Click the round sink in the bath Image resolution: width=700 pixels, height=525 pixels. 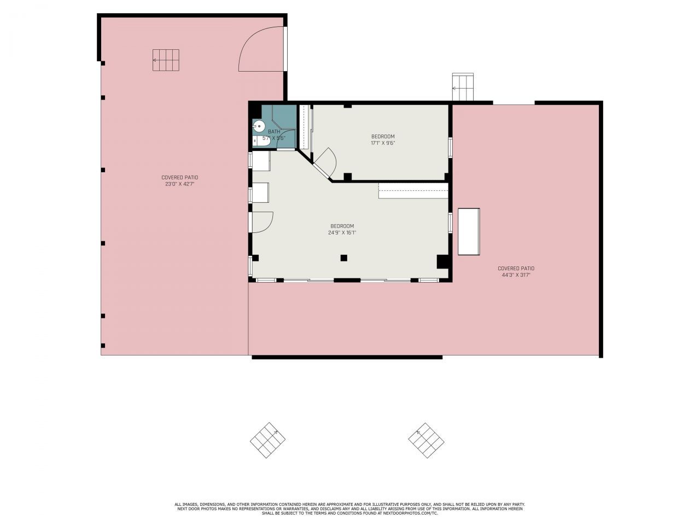click(259, 126)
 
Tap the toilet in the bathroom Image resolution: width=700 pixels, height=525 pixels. click(262, 141)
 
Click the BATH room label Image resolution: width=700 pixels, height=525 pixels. click(274, 132)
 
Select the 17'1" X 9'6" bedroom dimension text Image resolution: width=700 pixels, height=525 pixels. click(383, 143)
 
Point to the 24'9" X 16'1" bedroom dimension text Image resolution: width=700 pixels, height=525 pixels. click(342, 232)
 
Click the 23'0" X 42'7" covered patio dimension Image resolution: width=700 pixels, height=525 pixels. click(179, 184)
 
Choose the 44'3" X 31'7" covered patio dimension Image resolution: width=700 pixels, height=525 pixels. click(516, 275)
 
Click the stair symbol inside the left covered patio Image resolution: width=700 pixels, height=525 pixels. click(166, 60)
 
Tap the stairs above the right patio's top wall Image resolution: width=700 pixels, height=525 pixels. click(463, 87)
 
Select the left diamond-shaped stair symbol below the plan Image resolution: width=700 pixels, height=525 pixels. click(268, 440)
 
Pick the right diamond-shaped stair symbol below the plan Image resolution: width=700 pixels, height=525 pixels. click(426, 440)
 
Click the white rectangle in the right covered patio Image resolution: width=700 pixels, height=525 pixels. click(469, 232)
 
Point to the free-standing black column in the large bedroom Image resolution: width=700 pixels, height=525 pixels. click(344, 258)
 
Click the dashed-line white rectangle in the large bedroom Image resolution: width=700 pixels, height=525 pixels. click(413, 191)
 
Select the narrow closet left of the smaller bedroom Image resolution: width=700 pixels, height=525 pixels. click(304, 127)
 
